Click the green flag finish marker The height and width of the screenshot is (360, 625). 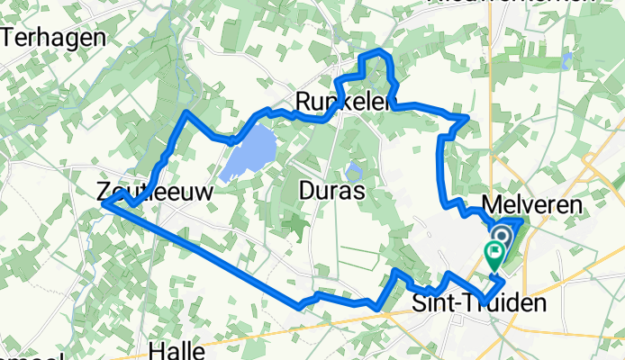[x=494, y=254]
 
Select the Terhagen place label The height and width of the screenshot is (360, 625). [x=55, y=38]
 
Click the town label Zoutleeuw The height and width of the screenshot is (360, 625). [x=141, y=191]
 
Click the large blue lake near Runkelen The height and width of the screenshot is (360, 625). [x=248, y=151]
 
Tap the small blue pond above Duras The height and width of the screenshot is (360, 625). [x=353, y=170]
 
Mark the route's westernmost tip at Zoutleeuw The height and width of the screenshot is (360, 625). [x=104, y=204]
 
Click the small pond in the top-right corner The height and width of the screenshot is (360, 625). [x=566, y=59]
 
